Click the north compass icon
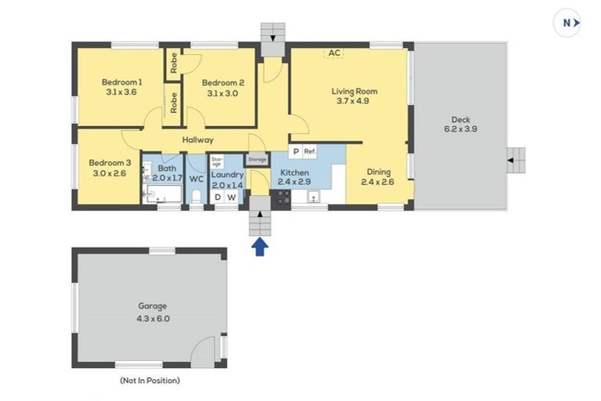tap(567, 23)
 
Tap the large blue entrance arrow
tap(260, 247)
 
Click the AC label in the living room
tap(334, 53)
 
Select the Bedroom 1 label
tap(122, 81)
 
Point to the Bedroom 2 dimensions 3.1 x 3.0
tap(223, 93)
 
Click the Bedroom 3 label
tap(110, 163)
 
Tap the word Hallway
tap(198, 140)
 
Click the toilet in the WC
tap(196, 197)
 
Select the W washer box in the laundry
tap(232, 197)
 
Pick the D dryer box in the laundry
tap(218, 197)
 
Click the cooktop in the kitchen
tap(282, 198)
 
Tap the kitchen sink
tap(314, 197)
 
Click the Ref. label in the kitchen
tap(310, 152)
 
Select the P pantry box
tap(296, 152)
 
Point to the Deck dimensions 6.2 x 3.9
tap(461, 129)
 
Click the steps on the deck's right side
tap(516, 161)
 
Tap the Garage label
tap(153, 305)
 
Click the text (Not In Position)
tap(150, 381)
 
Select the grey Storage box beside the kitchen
tap(257, 159)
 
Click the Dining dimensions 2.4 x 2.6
tap(377, 182)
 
